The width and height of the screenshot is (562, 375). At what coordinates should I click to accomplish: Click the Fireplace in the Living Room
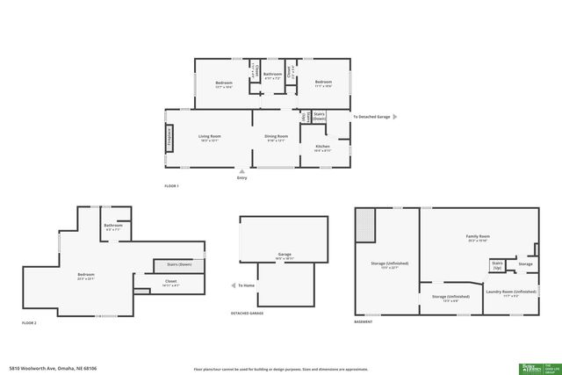[169, 139]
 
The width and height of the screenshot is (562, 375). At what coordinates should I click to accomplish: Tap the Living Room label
[209, 137]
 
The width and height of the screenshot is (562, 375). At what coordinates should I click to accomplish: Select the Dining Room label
[277, 137]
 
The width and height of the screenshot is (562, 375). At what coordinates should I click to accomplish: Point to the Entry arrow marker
[241, 171]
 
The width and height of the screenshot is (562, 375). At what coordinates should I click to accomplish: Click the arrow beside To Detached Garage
[394, 116]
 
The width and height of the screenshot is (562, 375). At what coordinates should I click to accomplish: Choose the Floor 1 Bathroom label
[273, 76]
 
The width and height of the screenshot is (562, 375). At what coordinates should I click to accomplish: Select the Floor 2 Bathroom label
[112, 227]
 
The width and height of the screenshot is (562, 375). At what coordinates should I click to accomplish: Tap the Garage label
[284, 256]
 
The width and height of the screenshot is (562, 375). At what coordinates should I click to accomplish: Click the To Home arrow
[232, 285]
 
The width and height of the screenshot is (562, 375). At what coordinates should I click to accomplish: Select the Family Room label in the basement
[477, 237]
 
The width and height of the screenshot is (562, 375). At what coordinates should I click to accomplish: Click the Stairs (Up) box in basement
[497, 264]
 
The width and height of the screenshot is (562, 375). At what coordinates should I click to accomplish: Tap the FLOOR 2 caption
[30, 323]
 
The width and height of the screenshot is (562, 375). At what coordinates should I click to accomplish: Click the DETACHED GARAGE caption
[247, 314]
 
